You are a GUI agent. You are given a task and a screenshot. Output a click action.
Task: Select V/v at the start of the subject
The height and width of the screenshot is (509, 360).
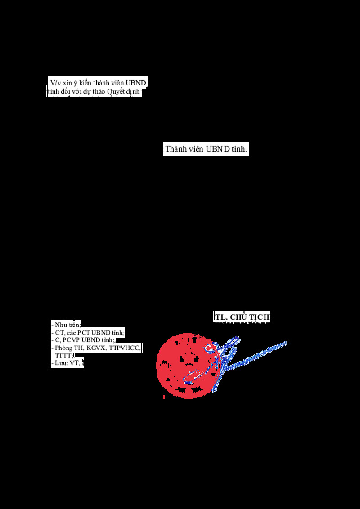coord(54,83)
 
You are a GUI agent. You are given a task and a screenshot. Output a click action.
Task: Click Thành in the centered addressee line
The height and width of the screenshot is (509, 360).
coord(175,150)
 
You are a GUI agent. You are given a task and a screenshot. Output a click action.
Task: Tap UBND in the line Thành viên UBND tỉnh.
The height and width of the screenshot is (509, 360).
coord(218,150)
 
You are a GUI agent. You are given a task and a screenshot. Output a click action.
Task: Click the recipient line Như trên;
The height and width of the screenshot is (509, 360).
coord(67,325)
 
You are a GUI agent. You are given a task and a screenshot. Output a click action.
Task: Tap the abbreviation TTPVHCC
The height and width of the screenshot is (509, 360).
coord(125,348)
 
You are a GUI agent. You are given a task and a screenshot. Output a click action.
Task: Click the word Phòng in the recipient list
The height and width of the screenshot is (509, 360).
coord(63,348)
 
